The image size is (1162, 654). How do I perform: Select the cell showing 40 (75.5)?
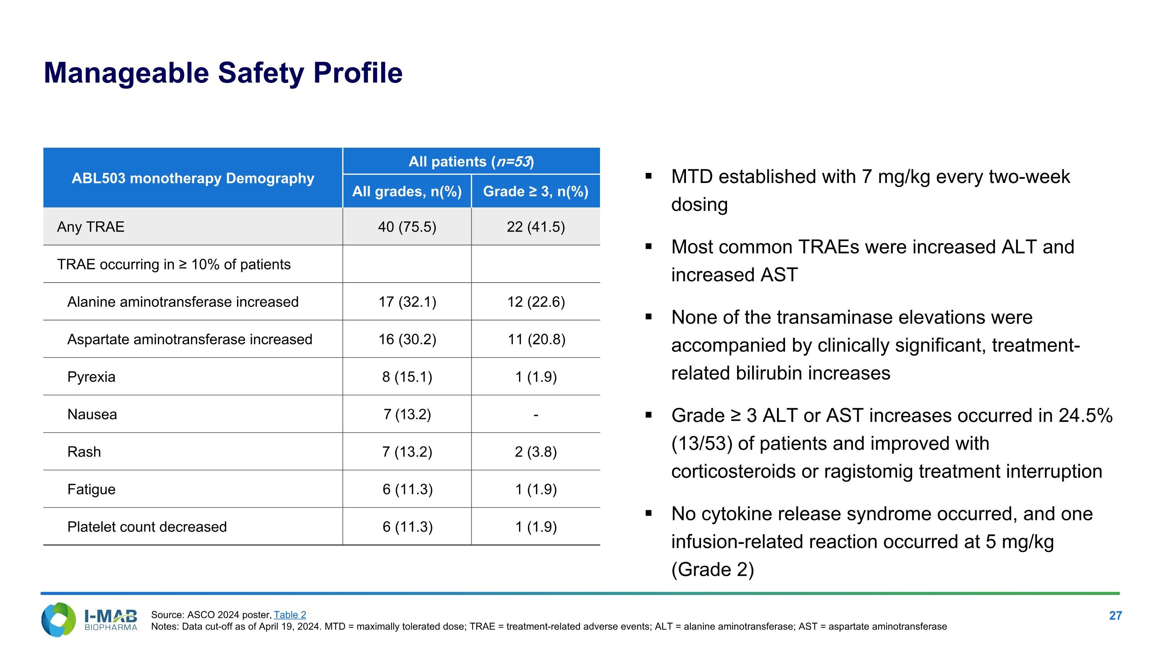click(x=407, y=226)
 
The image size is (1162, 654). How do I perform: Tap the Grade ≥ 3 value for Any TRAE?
click(x=535, y=226)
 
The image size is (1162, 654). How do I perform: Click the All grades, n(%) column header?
click(x=407, y=192)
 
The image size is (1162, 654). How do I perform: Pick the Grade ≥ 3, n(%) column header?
click(x=535, y=192)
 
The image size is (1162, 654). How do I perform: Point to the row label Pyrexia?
click(x=91, y=377)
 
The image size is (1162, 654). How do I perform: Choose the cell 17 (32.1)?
click(x=407, y=302)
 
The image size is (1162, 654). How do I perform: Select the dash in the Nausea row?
click(x=535, y=414)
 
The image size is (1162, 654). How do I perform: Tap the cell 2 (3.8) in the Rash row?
click(x=535, y=452)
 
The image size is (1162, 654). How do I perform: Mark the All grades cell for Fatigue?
click(x=407, y=489)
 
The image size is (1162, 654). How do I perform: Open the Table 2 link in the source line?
click(x=290, y=615)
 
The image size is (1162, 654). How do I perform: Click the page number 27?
click(x=1115, y=616)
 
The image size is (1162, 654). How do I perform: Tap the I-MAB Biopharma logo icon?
click(x=58, y=620)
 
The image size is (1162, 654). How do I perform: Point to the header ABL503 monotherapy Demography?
click(x=193, y=178)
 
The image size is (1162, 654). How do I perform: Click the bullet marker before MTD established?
click(x=649, y=176)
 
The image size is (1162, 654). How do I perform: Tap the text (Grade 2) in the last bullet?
click(x=712, y=569)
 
